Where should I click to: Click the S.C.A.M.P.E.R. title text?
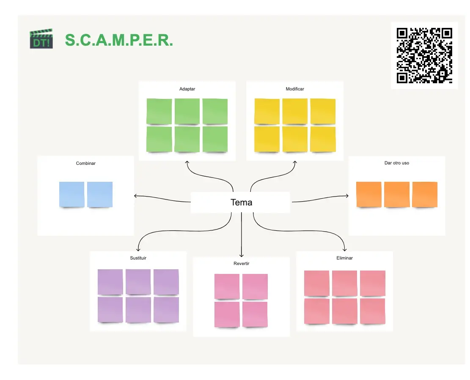[x=119, y=40]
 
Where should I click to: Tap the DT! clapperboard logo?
[x=41, y=39]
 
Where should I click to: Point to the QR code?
[x=424, y=55]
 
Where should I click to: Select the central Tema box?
[x=241, y=202]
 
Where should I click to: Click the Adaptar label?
[x=187, y=89]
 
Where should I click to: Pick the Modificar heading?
[x=295, y=89]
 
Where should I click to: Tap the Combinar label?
[x=85, y=163]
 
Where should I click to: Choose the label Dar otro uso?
[x=397, y=163]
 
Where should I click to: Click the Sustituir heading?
[x=138, y=258]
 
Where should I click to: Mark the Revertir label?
[x=241, y=263]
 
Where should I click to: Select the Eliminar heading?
[x=344, y=258]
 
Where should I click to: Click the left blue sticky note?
[x=72, y=194]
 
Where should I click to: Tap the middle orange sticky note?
[x=397, y=194]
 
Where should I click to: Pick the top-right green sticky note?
[x=215, y=112]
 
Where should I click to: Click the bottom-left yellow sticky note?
[x=267, y=139]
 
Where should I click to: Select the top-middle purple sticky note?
[x=138, y=282]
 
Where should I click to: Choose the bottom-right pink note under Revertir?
[x=255, y=314]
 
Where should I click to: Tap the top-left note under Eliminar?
[x=317, y=283]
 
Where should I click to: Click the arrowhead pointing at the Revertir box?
[x=241, y=255]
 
